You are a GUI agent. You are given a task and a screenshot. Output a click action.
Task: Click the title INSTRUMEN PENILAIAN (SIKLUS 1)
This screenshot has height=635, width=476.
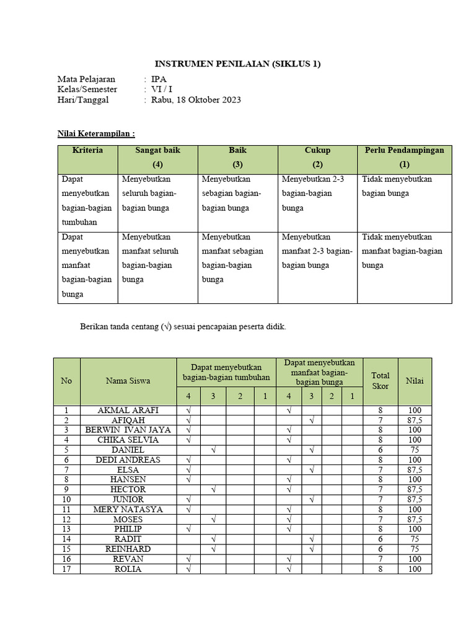click(237, 64)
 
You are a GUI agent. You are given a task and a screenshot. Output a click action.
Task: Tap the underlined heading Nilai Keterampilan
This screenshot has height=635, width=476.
click(96, 133)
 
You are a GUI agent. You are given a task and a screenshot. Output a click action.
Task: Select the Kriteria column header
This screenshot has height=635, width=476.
click(87, 150)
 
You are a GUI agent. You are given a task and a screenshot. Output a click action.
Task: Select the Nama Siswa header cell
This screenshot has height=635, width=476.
click(128, 381)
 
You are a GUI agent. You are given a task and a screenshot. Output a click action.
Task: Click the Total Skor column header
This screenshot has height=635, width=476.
click(380, 381)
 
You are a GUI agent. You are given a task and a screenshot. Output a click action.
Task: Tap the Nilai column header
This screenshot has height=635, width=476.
click(415, 381)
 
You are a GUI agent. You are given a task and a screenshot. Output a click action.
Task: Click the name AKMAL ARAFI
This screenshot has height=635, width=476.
click(128, 411)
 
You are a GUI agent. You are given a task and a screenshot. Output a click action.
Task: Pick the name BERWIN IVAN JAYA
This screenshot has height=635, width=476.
click(128, 430)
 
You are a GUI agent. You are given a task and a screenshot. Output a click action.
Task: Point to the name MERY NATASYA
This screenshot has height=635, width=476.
click(128, 509)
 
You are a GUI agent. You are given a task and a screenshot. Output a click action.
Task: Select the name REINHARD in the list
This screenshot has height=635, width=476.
click(128, 549)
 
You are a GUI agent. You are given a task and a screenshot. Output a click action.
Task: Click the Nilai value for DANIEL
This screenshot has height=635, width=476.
click(415, 450)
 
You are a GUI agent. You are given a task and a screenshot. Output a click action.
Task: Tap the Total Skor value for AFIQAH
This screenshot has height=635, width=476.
click(380, 420)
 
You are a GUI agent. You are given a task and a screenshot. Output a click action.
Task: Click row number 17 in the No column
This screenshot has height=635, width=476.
click(66, 569)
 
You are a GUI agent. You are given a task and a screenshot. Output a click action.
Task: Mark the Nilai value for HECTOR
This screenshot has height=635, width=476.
click(415, 489)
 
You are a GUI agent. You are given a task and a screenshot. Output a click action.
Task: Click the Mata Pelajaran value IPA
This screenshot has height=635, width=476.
click(159, 79)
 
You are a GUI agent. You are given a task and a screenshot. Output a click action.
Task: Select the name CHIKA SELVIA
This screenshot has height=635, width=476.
click(128, 440)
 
